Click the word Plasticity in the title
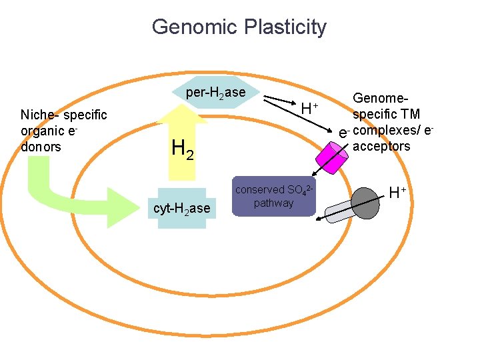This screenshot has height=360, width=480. click(287, 27)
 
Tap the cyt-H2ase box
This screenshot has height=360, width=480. click(182, 209)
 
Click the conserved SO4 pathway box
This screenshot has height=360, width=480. click(273, 197)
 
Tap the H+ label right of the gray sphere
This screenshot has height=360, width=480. click(398, 193)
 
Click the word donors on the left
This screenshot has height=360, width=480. click(41, 147)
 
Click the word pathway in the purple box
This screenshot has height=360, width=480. click(273, 203)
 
